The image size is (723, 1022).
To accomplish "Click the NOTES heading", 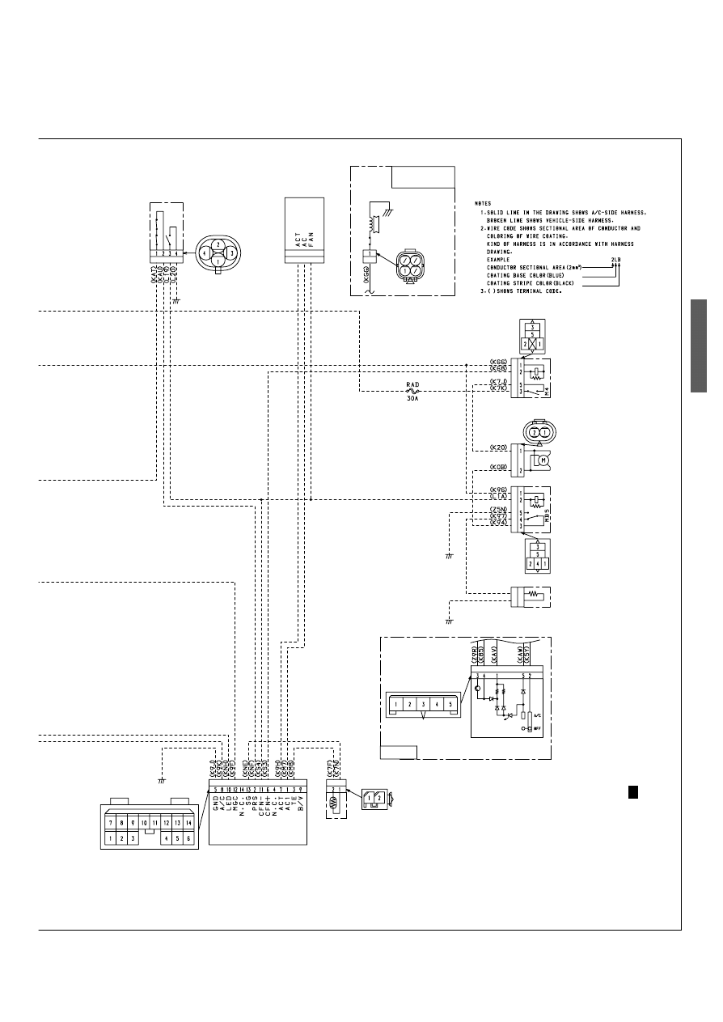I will coord(484,204).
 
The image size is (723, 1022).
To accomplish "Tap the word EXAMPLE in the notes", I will coord(499,259).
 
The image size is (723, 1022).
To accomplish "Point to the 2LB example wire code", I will coord(617,259).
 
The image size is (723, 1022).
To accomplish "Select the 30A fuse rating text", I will coord(413,398).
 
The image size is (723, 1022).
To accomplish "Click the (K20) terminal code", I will coord(498,447).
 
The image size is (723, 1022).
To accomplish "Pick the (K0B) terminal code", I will coord(498,468).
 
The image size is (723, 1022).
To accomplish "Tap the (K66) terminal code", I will coord(498,362).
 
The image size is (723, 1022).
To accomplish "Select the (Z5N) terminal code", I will coord(498,509).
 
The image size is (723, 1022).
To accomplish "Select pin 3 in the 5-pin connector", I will coord(423,704).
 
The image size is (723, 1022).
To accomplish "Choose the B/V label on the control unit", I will coord(301,803).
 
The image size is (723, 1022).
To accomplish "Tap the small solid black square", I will coord(634,791).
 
